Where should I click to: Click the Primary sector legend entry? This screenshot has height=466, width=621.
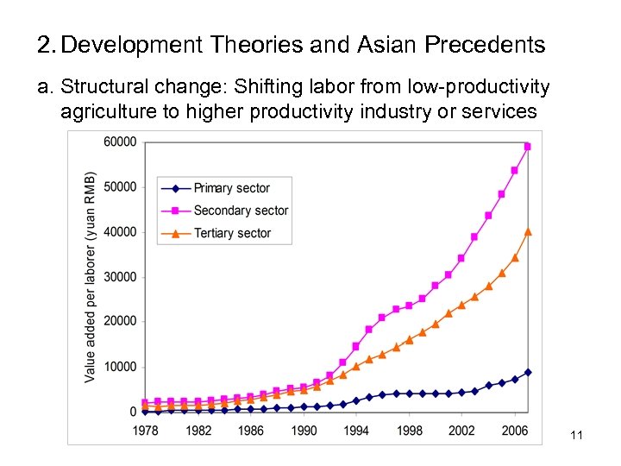231,188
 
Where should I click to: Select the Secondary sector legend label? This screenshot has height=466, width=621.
241,211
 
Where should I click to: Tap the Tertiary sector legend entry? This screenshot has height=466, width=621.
232,233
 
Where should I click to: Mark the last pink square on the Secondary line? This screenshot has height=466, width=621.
528,147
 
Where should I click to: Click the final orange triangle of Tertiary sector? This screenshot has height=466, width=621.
528,231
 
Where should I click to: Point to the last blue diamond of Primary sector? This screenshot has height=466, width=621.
528,372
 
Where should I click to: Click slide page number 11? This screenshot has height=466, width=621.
577,436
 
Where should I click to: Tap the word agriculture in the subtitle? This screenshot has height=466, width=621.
103,112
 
